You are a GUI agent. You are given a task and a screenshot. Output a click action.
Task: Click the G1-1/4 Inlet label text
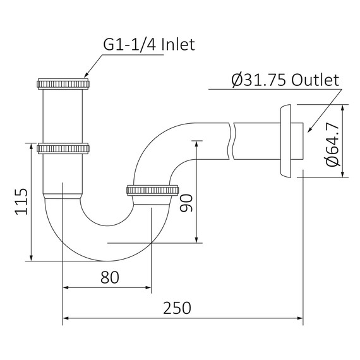click(148, 45)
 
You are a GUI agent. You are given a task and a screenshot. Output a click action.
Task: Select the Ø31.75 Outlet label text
click(285, 80)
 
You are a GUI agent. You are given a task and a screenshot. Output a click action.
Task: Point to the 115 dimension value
click(20, 201)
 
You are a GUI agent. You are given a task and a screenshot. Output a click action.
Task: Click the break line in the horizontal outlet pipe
click(233, 140)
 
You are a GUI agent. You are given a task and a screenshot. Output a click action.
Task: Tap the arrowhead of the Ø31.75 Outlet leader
click(308, 131)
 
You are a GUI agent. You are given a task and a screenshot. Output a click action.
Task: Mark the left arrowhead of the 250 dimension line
click(65, 319)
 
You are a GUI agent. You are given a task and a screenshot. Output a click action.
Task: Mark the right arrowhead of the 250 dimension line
click(301, 319)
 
